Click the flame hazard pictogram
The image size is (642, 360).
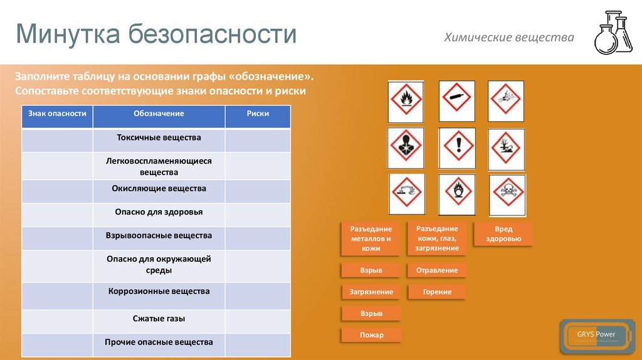pyautogui.click(x=406, y=100)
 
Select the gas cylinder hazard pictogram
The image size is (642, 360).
pyautogui.click(x=456, y=100)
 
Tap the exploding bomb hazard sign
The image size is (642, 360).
pyautogui.click(x=506, y=100)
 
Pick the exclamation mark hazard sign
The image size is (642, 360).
pyautogui.click(x=457, y=148)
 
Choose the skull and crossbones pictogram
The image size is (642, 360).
pyautogui.click(x=507, y=195)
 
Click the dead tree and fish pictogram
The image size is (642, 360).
pyautogui.click(x=506, y=149)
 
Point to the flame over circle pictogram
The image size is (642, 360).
pyautogui.click(x=456, y=195)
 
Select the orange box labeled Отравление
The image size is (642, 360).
pyautogui.click(x=436, y=270)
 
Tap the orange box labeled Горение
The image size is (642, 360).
pyautogui.click(x=436, y=292)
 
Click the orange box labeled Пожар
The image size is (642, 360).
pyautogui.click(x=371, y=335)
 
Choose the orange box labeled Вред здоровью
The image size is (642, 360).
pyautogui.click(x=503, y=233)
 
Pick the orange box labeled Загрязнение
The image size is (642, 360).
pyautogui.click(x=371, y=292)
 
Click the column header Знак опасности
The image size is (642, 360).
pyautogui.click(x=57, y=114)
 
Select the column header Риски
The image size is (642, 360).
pyautogui.click(x=258, y=114)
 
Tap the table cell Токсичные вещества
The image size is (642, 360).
pyautogui.click(x=159, y=137)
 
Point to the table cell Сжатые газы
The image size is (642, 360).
pyautogui.click(x=159, y=319)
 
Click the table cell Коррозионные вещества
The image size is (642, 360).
pyautogui.click(x=159, y=292)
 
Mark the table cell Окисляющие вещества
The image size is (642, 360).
pyautogui.click(x=159, y=188)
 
